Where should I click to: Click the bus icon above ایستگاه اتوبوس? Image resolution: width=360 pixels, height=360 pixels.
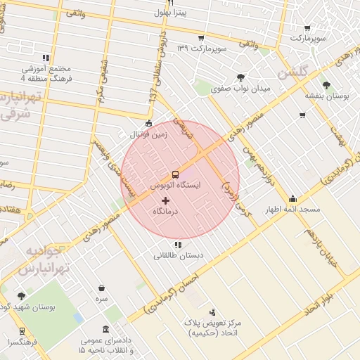(175, 174)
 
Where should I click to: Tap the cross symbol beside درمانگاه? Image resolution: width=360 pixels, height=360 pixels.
(166, 201)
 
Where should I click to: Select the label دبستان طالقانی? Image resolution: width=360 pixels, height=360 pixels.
(178, 256)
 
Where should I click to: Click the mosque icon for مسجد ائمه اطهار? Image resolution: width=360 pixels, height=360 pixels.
(292, 199)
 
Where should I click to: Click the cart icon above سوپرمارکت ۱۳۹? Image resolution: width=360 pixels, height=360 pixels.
(201, 37)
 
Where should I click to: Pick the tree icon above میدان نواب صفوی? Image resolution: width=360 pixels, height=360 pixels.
(241, 78)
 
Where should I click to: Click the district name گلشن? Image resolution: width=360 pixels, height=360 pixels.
(293, 73)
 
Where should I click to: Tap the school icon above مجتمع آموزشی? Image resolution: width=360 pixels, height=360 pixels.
(46, 58)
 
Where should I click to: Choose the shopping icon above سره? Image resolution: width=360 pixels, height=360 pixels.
(102, 288)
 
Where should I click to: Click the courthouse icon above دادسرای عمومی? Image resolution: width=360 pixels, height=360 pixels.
(105, 329)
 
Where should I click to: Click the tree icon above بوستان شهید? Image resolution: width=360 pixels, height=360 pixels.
(21, 296)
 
